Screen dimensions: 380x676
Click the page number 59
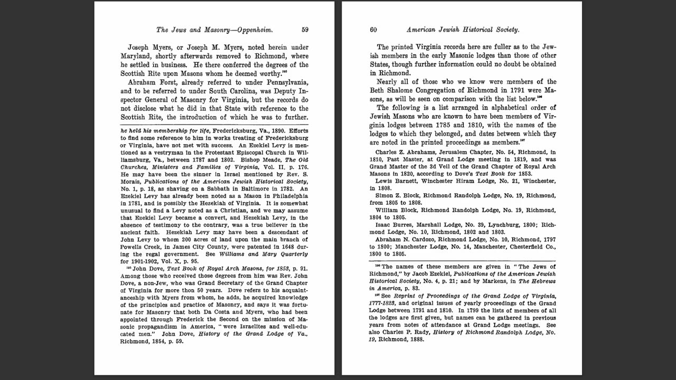305,30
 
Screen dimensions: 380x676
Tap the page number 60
373,30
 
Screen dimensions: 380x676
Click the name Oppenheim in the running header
254,30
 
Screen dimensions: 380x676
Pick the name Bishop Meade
260,159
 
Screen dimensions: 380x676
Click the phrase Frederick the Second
189,319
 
